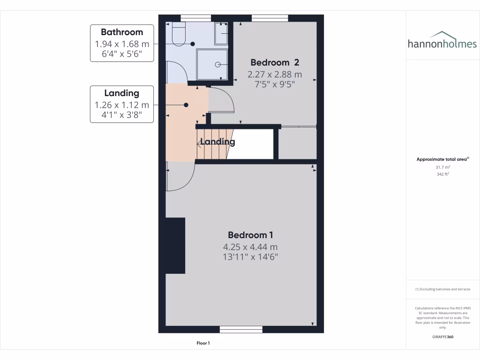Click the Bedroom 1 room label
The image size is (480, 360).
point(250,235)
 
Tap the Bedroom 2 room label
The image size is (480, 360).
point(275,62)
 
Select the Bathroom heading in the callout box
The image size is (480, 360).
point(122,32)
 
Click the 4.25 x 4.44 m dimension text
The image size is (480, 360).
point(250,247)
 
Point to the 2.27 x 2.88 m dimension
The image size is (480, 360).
point(275,74)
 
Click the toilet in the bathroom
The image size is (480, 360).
point(179,36)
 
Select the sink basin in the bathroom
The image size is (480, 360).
point(221,33)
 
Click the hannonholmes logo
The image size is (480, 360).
point(442,41)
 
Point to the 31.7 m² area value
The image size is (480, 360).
point(442,167)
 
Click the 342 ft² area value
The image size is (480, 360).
point(442,174)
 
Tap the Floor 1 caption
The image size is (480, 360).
point(203,343)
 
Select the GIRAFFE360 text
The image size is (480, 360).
point(442,337)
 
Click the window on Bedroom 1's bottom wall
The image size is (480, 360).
point(241,330)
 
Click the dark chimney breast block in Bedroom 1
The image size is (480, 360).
point(175,246)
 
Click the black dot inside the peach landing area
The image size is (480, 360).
point(186,105)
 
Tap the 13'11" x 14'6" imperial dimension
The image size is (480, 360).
point(250,257)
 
